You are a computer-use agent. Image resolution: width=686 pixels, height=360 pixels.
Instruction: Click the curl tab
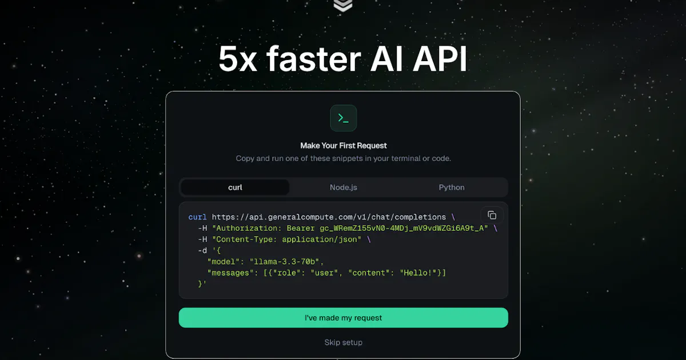235,187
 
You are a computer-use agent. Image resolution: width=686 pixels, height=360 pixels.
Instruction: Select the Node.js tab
344,187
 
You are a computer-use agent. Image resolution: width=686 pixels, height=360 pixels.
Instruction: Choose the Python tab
452,187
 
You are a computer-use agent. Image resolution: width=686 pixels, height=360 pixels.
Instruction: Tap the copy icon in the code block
492,215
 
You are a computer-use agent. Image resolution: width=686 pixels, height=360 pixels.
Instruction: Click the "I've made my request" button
344,318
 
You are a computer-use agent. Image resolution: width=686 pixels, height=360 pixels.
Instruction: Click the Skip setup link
344,342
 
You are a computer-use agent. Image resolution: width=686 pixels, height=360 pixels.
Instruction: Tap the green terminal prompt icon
344,118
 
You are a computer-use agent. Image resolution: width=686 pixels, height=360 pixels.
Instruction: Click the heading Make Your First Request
344,146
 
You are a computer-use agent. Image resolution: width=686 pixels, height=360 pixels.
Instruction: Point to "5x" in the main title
238,59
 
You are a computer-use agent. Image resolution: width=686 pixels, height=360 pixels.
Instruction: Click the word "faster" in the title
314,58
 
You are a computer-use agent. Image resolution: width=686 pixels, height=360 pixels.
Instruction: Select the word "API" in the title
440,59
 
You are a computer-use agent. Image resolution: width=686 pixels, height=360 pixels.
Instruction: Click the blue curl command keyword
198,217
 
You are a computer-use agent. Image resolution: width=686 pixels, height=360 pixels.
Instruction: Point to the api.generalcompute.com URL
329,217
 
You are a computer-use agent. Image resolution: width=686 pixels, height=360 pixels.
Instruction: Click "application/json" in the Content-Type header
320,239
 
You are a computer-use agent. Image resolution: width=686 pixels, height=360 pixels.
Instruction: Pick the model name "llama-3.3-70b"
285,262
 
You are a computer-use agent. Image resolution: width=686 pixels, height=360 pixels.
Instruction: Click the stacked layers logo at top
342,6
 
